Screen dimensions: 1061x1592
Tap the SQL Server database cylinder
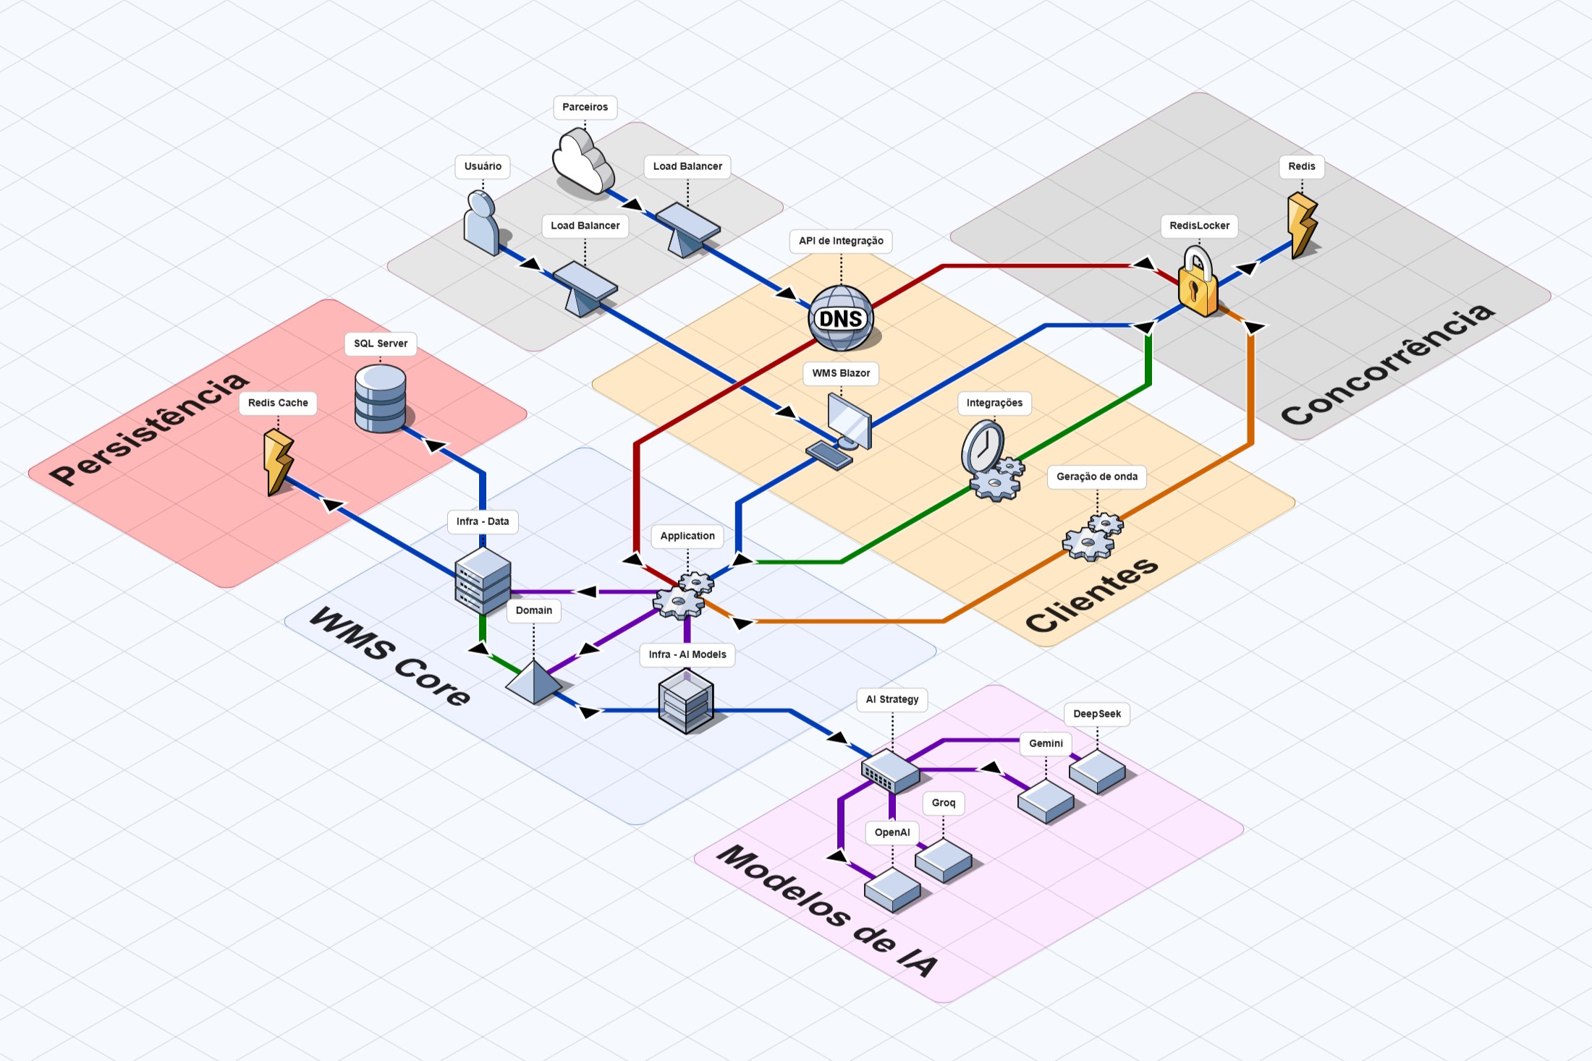[381, 398]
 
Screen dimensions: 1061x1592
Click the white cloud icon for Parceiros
[583, 163]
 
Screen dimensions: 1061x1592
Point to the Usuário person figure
[482, 223]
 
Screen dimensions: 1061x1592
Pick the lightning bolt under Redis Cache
[277, 463]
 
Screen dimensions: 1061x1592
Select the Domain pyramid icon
[534, 681]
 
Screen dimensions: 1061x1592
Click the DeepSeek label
[1096, 714]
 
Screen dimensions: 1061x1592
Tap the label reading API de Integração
[841, 241]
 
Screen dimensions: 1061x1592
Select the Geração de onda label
[1096, 477]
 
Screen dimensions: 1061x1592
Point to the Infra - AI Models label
[687, 655]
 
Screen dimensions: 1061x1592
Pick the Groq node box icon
[943, 860]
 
